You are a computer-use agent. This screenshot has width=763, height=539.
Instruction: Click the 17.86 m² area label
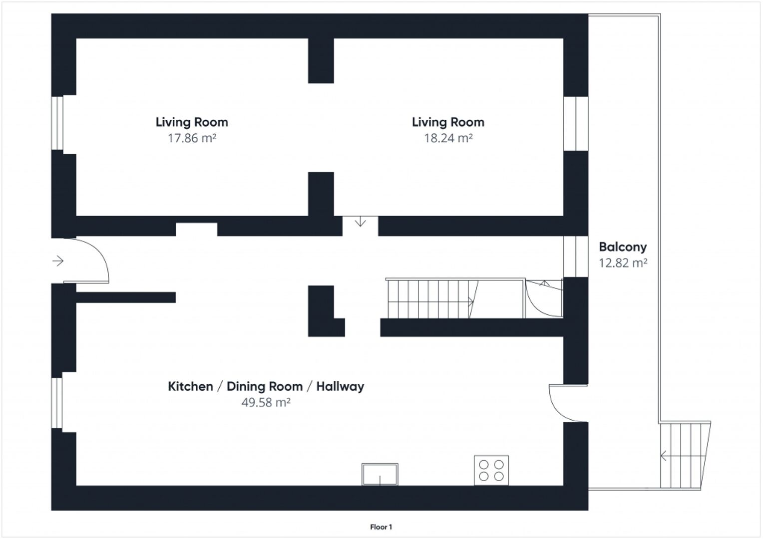click(192, 138)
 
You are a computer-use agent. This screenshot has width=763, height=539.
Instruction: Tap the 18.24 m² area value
click(448, 138)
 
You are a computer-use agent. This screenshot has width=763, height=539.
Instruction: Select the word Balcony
click(623, 247)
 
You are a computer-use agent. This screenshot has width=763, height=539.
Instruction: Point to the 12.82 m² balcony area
click(623, 263)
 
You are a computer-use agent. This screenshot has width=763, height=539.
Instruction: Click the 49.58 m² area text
click(266, 402)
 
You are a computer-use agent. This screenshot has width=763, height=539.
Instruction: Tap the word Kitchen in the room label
click(190, 386)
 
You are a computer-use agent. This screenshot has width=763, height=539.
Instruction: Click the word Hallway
click(340, 387)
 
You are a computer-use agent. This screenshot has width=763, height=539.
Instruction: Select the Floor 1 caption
click(381, 527)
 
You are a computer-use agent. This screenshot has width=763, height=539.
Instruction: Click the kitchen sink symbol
click(380, 474)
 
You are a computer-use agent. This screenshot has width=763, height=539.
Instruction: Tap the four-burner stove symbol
click(491, 470)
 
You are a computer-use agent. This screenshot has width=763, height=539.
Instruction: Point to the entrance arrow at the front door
click(58, 261)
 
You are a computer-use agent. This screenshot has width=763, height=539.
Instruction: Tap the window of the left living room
click(57, 123)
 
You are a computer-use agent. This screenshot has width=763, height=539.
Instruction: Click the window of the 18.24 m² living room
click(576, 124)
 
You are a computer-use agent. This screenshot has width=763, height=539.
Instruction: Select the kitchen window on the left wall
click(57, 403)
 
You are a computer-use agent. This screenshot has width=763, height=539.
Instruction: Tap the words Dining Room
click(265, 386)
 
